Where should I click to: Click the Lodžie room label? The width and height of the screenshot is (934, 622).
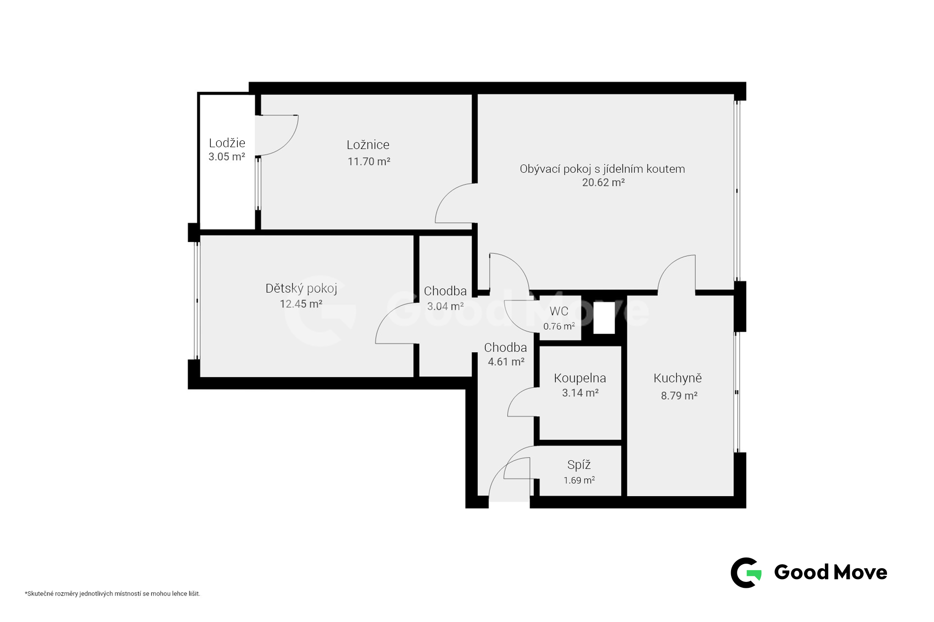coord(227,143)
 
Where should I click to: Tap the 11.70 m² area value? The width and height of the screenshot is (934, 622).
coord(369,161)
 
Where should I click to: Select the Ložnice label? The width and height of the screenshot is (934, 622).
coord(368,145)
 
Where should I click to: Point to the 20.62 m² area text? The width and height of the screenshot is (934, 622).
coord(603,182)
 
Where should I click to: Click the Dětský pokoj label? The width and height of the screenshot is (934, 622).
coord(301,288)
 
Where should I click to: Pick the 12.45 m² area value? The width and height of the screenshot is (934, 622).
coord(301,304)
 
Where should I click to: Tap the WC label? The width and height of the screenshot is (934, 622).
coord(559,311)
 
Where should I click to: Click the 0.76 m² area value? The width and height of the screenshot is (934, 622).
coord(559,326)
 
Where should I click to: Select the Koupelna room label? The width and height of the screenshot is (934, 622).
coord(580,378)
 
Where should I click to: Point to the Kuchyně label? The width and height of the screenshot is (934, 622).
coord(678,378)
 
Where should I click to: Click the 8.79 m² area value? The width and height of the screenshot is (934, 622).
coord(679,396)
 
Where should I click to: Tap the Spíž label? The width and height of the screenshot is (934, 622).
coord(579,465)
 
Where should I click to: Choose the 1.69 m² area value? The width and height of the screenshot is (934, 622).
coord(579,480)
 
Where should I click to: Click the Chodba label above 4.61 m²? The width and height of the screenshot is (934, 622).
coord(505,348)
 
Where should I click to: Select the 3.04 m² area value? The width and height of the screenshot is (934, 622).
coord(446,306)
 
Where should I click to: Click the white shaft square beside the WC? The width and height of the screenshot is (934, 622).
coord(604,318)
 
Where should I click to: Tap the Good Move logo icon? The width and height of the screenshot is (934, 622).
coord(746,572)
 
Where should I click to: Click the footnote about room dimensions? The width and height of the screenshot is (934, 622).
coord(113,594)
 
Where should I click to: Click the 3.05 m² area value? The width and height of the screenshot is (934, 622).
coord(227,157)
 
